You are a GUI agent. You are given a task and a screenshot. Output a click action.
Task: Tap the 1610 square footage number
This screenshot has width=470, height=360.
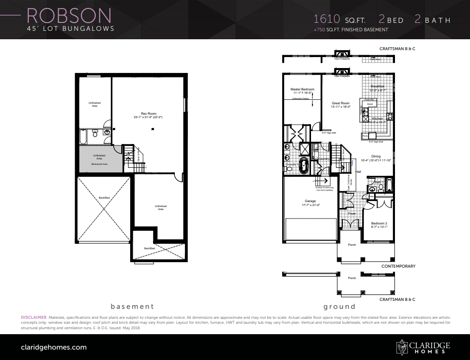point(326,19)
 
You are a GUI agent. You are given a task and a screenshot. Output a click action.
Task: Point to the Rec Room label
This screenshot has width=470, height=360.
point(148,113)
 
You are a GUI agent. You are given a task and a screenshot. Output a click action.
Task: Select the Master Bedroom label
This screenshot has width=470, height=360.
point(302,89)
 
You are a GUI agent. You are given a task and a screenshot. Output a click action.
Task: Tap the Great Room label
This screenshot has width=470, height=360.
point(340,103)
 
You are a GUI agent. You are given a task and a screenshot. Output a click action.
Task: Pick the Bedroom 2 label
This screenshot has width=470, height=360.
point(379,223)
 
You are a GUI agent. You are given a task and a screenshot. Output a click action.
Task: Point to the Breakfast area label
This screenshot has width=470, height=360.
point(378,86)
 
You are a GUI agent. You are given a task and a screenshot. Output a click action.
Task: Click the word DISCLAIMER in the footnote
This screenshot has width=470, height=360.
point(33,317)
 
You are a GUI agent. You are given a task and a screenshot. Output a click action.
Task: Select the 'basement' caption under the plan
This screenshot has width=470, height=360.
point(132,306)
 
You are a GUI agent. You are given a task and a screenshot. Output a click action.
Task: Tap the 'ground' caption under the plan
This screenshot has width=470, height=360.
point(339,306)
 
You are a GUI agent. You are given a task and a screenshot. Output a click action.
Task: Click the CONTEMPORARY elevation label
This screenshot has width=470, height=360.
point(398,266)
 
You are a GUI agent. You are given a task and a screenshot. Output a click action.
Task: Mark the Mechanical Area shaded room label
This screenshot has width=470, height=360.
point(99,164)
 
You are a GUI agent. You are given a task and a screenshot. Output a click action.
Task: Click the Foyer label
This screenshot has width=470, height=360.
point(352,214)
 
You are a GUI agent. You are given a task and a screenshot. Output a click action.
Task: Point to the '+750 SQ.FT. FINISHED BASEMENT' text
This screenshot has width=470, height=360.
point(351,30)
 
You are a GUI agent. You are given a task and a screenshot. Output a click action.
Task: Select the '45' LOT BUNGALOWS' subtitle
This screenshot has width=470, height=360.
point(70,29)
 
